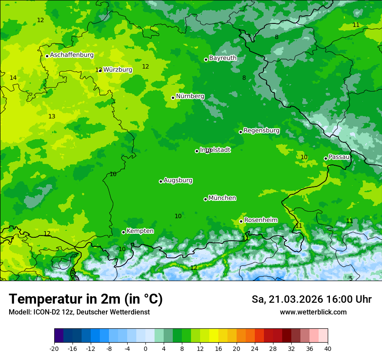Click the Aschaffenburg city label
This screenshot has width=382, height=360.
coord(72,55)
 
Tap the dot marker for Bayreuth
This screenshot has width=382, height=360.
coord(206,59)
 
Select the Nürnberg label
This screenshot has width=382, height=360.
coord(190,96)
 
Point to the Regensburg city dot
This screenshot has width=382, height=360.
coord(240,132)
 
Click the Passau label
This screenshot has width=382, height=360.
coord(339,157)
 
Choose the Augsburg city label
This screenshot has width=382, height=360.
coord(178,180)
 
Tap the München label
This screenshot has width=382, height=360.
coord(222,198)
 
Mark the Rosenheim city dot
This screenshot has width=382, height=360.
coord(241,221)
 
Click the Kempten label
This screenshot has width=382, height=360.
coord(140,231)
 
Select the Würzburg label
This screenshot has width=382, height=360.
coord(118,69)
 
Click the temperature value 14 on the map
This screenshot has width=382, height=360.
coord(13,78)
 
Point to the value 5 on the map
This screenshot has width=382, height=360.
coord(351,278)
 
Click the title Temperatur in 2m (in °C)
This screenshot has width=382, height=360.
coord(86,299)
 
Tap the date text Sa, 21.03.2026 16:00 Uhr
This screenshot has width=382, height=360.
coord(311,299)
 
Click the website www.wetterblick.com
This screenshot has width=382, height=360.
coord(313,312)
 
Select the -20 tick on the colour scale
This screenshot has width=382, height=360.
coord(54,348)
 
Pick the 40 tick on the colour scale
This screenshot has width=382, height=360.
coord(328,348)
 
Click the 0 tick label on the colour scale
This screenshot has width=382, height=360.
coord(145,348)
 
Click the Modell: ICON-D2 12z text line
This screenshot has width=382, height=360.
coord(79,312)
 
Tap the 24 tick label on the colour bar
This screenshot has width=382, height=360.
coord(255,348)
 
